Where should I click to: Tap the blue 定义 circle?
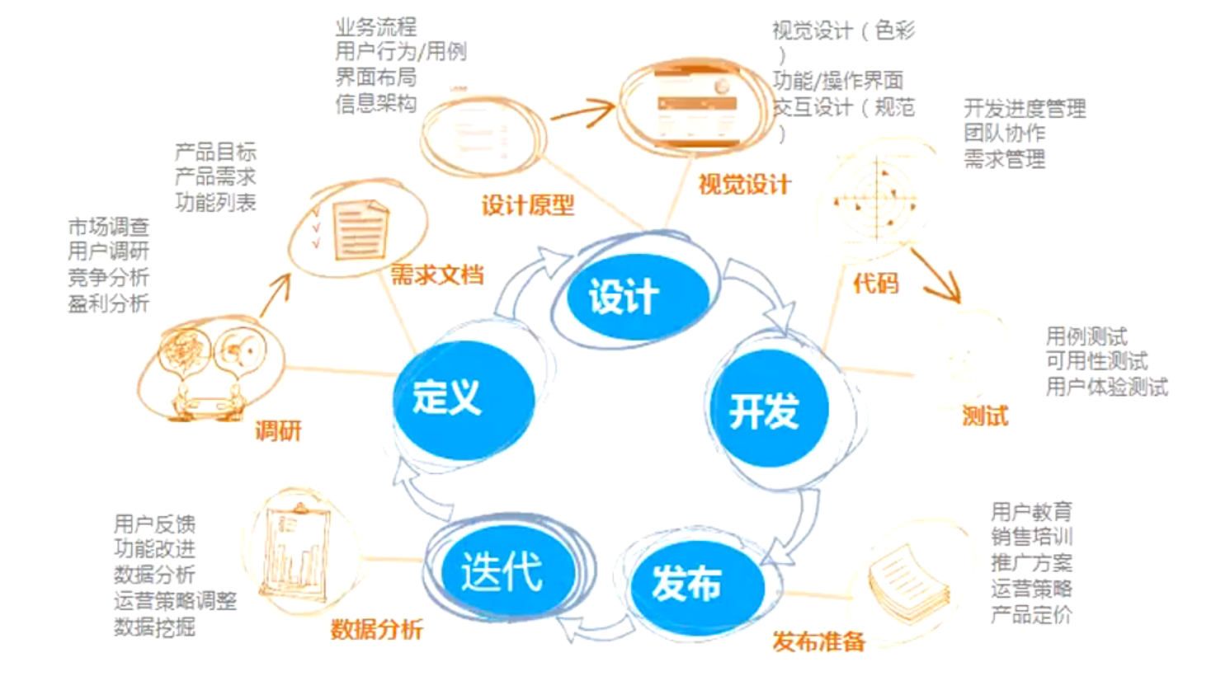coord(463,398)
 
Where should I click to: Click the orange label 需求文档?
coord(436,275)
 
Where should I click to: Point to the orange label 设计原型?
coord(527,205)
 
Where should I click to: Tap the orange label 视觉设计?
coord(744,185)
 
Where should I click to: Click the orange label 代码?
coord(875,284)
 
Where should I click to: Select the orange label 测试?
coord(985,416)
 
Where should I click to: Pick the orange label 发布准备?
coord(818,641)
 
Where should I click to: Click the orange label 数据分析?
coord(376,630)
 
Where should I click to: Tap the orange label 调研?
coord(278,430)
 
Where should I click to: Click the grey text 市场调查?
coord(108,227)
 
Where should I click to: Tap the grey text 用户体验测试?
coord(1106,387)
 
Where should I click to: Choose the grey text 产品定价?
coord(1031,614)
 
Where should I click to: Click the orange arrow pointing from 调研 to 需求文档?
coord(276,295)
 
